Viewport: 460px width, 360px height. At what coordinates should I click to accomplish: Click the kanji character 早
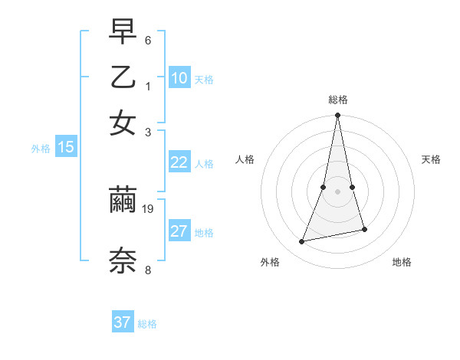tap(123, 33)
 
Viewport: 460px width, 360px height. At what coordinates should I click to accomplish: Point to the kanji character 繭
tap(123, 201)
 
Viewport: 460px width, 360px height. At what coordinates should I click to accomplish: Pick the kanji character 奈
tap(123, 260)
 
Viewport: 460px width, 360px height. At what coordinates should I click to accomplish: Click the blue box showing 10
tap(179, 77)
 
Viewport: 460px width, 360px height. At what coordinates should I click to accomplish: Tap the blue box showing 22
tap(179, 162)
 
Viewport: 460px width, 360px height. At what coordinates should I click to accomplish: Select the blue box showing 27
tap(179, 231)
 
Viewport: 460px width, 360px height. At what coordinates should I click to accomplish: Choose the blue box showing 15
tap(66, 148)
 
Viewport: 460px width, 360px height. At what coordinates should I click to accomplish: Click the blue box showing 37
tap(123, 322)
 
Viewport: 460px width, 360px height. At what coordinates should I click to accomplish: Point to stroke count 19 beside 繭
tap(149, 208)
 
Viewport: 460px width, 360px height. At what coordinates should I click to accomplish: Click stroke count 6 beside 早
tap(148, 40)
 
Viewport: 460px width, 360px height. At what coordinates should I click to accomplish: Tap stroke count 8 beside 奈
tap(148, 269)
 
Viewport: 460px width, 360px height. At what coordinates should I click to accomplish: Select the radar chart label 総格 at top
tap(338, 100)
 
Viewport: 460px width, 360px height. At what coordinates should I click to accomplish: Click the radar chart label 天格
tap(431, 159)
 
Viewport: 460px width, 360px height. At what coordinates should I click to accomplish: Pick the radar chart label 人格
tap(245, 159)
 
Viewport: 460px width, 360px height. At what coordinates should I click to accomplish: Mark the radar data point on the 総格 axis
tap(338, 116)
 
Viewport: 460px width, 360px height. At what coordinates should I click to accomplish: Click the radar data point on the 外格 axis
tap(302, 242)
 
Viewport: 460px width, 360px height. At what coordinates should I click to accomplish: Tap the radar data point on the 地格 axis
tap(364, 229)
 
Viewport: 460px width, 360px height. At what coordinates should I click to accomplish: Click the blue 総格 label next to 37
tap(147, 324)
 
